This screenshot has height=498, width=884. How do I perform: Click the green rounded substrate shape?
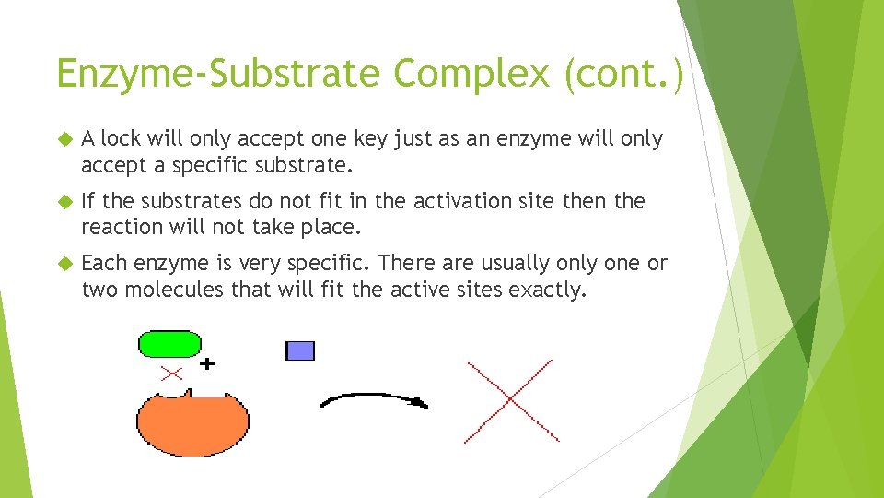tap(169, 344)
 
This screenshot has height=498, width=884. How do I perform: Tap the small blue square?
tap(300, 350)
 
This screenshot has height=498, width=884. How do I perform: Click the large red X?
tap(510, 401)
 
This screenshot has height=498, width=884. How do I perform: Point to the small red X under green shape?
tap(171, 373)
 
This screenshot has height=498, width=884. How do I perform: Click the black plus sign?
tap(208, 364)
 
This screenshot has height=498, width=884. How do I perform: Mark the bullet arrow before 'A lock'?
tap(64, 139)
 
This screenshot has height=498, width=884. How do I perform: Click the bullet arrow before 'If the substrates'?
tap(64, 202)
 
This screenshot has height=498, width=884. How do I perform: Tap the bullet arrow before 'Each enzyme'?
tap(64, 264)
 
